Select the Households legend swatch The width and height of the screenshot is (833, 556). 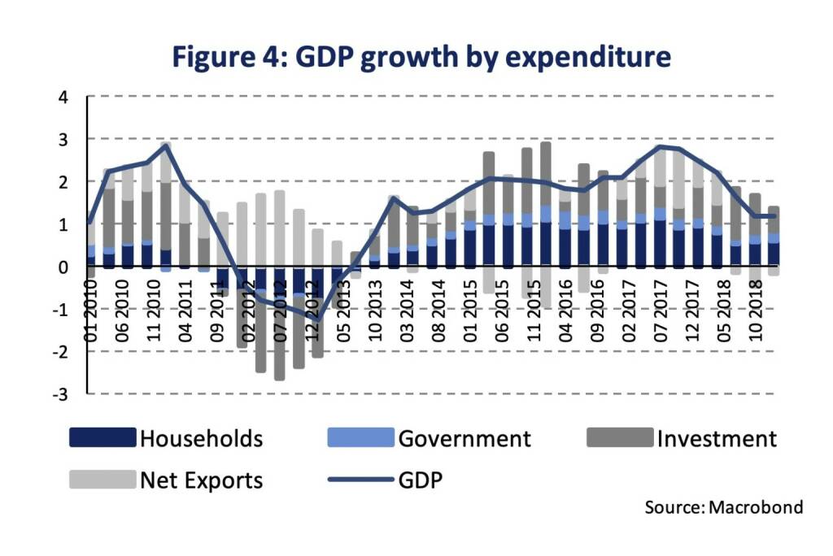(102, 438)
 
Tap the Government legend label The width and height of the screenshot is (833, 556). (464, 439)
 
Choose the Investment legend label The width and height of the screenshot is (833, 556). (717, 439)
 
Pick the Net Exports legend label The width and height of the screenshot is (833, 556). (202, 480)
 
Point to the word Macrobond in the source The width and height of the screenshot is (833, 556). (756, 507)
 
